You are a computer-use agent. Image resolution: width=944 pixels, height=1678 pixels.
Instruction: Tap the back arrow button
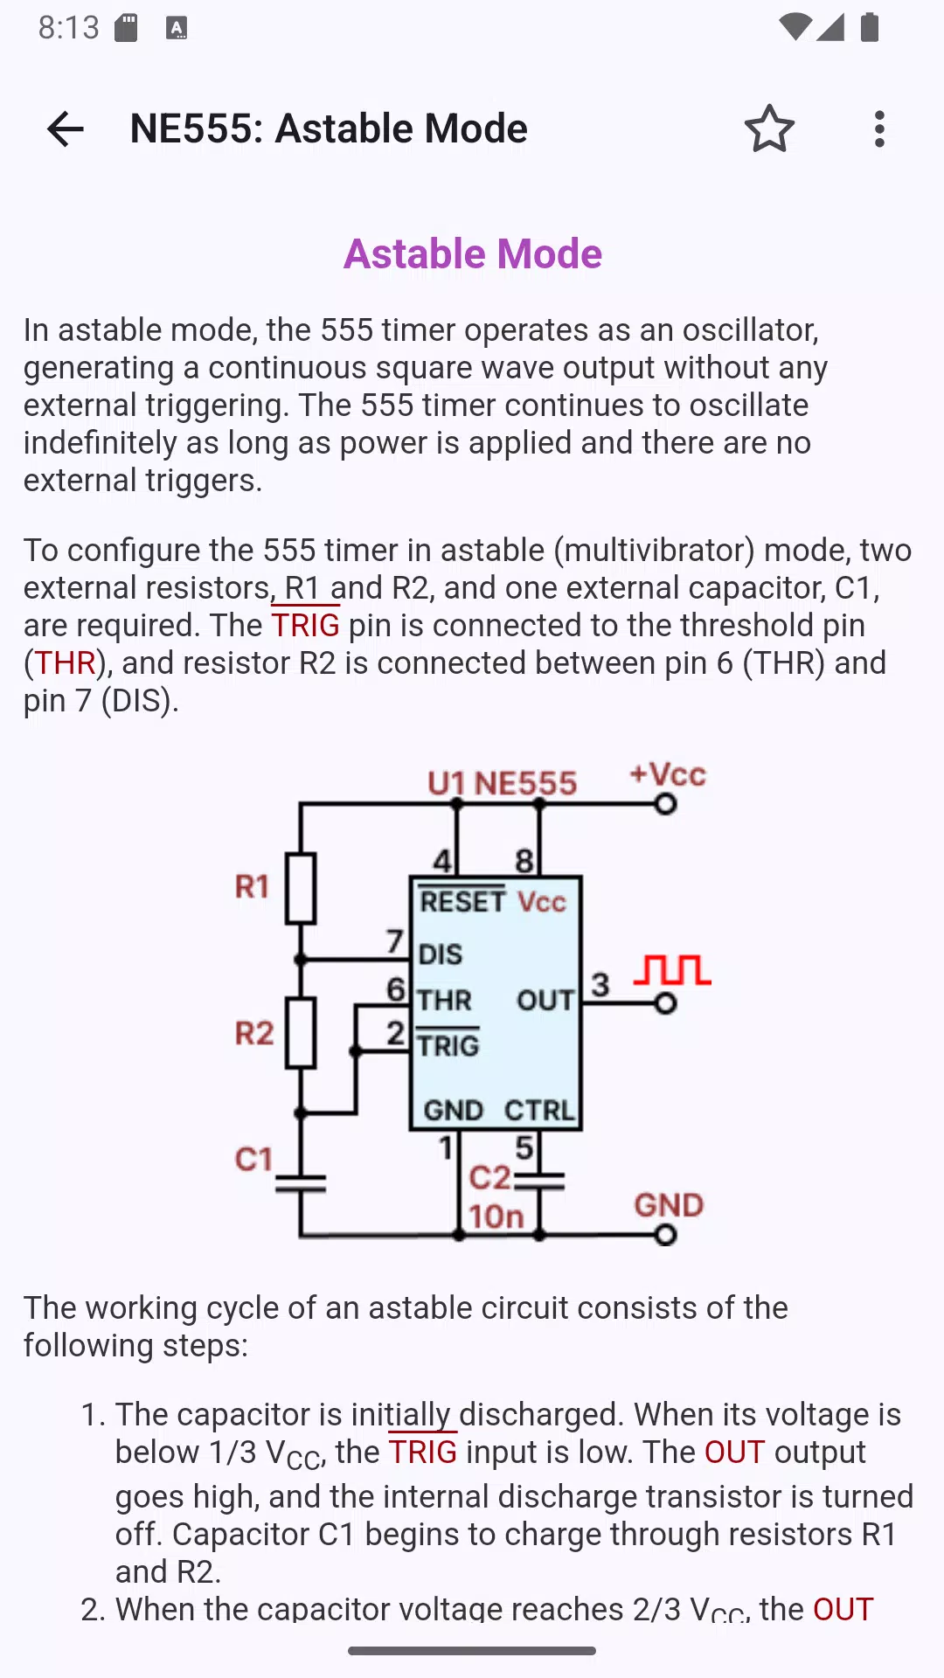pyautogui.click(x=66, y=129)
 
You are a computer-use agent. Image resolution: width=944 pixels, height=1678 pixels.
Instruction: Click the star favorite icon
pyautogui.click(x=769, y=129)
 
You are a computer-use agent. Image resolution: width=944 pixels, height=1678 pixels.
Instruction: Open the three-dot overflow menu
pyautogui.click(x=879, y=129)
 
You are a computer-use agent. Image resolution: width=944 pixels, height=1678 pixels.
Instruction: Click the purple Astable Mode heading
pyautogui.click(x=473, y=253)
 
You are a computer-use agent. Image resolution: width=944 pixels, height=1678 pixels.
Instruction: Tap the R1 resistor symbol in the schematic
pyautogui.click(x=301, y=888)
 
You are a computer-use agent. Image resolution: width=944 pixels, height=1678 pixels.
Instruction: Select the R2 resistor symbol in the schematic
pyautogui.click(x=301, y=1033)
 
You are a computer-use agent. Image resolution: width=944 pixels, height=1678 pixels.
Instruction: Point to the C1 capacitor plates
pyautogui.click(x=301, y=1183)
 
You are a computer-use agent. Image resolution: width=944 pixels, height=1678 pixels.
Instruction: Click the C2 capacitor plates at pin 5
pyautogui.click(x=539, y=1182)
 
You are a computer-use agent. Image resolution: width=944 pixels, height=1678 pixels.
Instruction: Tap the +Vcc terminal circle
pyautogui.click(x=666, y=803)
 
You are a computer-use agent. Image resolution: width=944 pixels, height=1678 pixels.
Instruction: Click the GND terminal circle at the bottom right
pyautogui.click(x=666, y=1234)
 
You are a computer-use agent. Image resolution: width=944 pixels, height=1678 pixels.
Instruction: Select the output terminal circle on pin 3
pyautogui.click(x=666, y=1003)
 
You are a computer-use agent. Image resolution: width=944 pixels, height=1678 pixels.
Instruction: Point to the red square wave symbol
pyautogui.click(x=672, y=970)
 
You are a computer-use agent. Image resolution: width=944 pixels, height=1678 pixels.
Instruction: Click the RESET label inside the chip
pyautogui.click(x=462, y=901)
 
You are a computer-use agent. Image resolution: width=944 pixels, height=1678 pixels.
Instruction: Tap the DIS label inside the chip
pyautogui.click(x=441, y=954)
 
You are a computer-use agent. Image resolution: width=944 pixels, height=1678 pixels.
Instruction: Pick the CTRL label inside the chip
pyautogui.click(x=539, y=1110)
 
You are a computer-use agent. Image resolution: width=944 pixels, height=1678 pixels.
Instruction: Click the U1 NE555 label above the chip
pyautogui.click(x=502, y=783)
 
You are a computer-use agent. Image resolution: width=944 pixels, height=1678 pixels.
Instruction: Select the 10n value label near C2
pyautogui.click(x=496, y=1217)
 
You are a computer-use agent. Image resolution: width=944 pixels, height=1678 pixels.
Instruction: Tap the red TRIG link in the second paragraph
pyautogui.click(x=305, y=625)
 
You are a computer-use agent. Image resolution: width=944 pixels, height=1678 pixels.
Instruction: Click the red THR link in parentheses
pyautogui.click(x=65, y=662)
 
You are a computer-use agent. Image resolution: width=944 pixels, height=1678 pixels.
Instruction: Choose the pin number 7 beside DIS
pyautogui.click(x=395, y=940)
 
